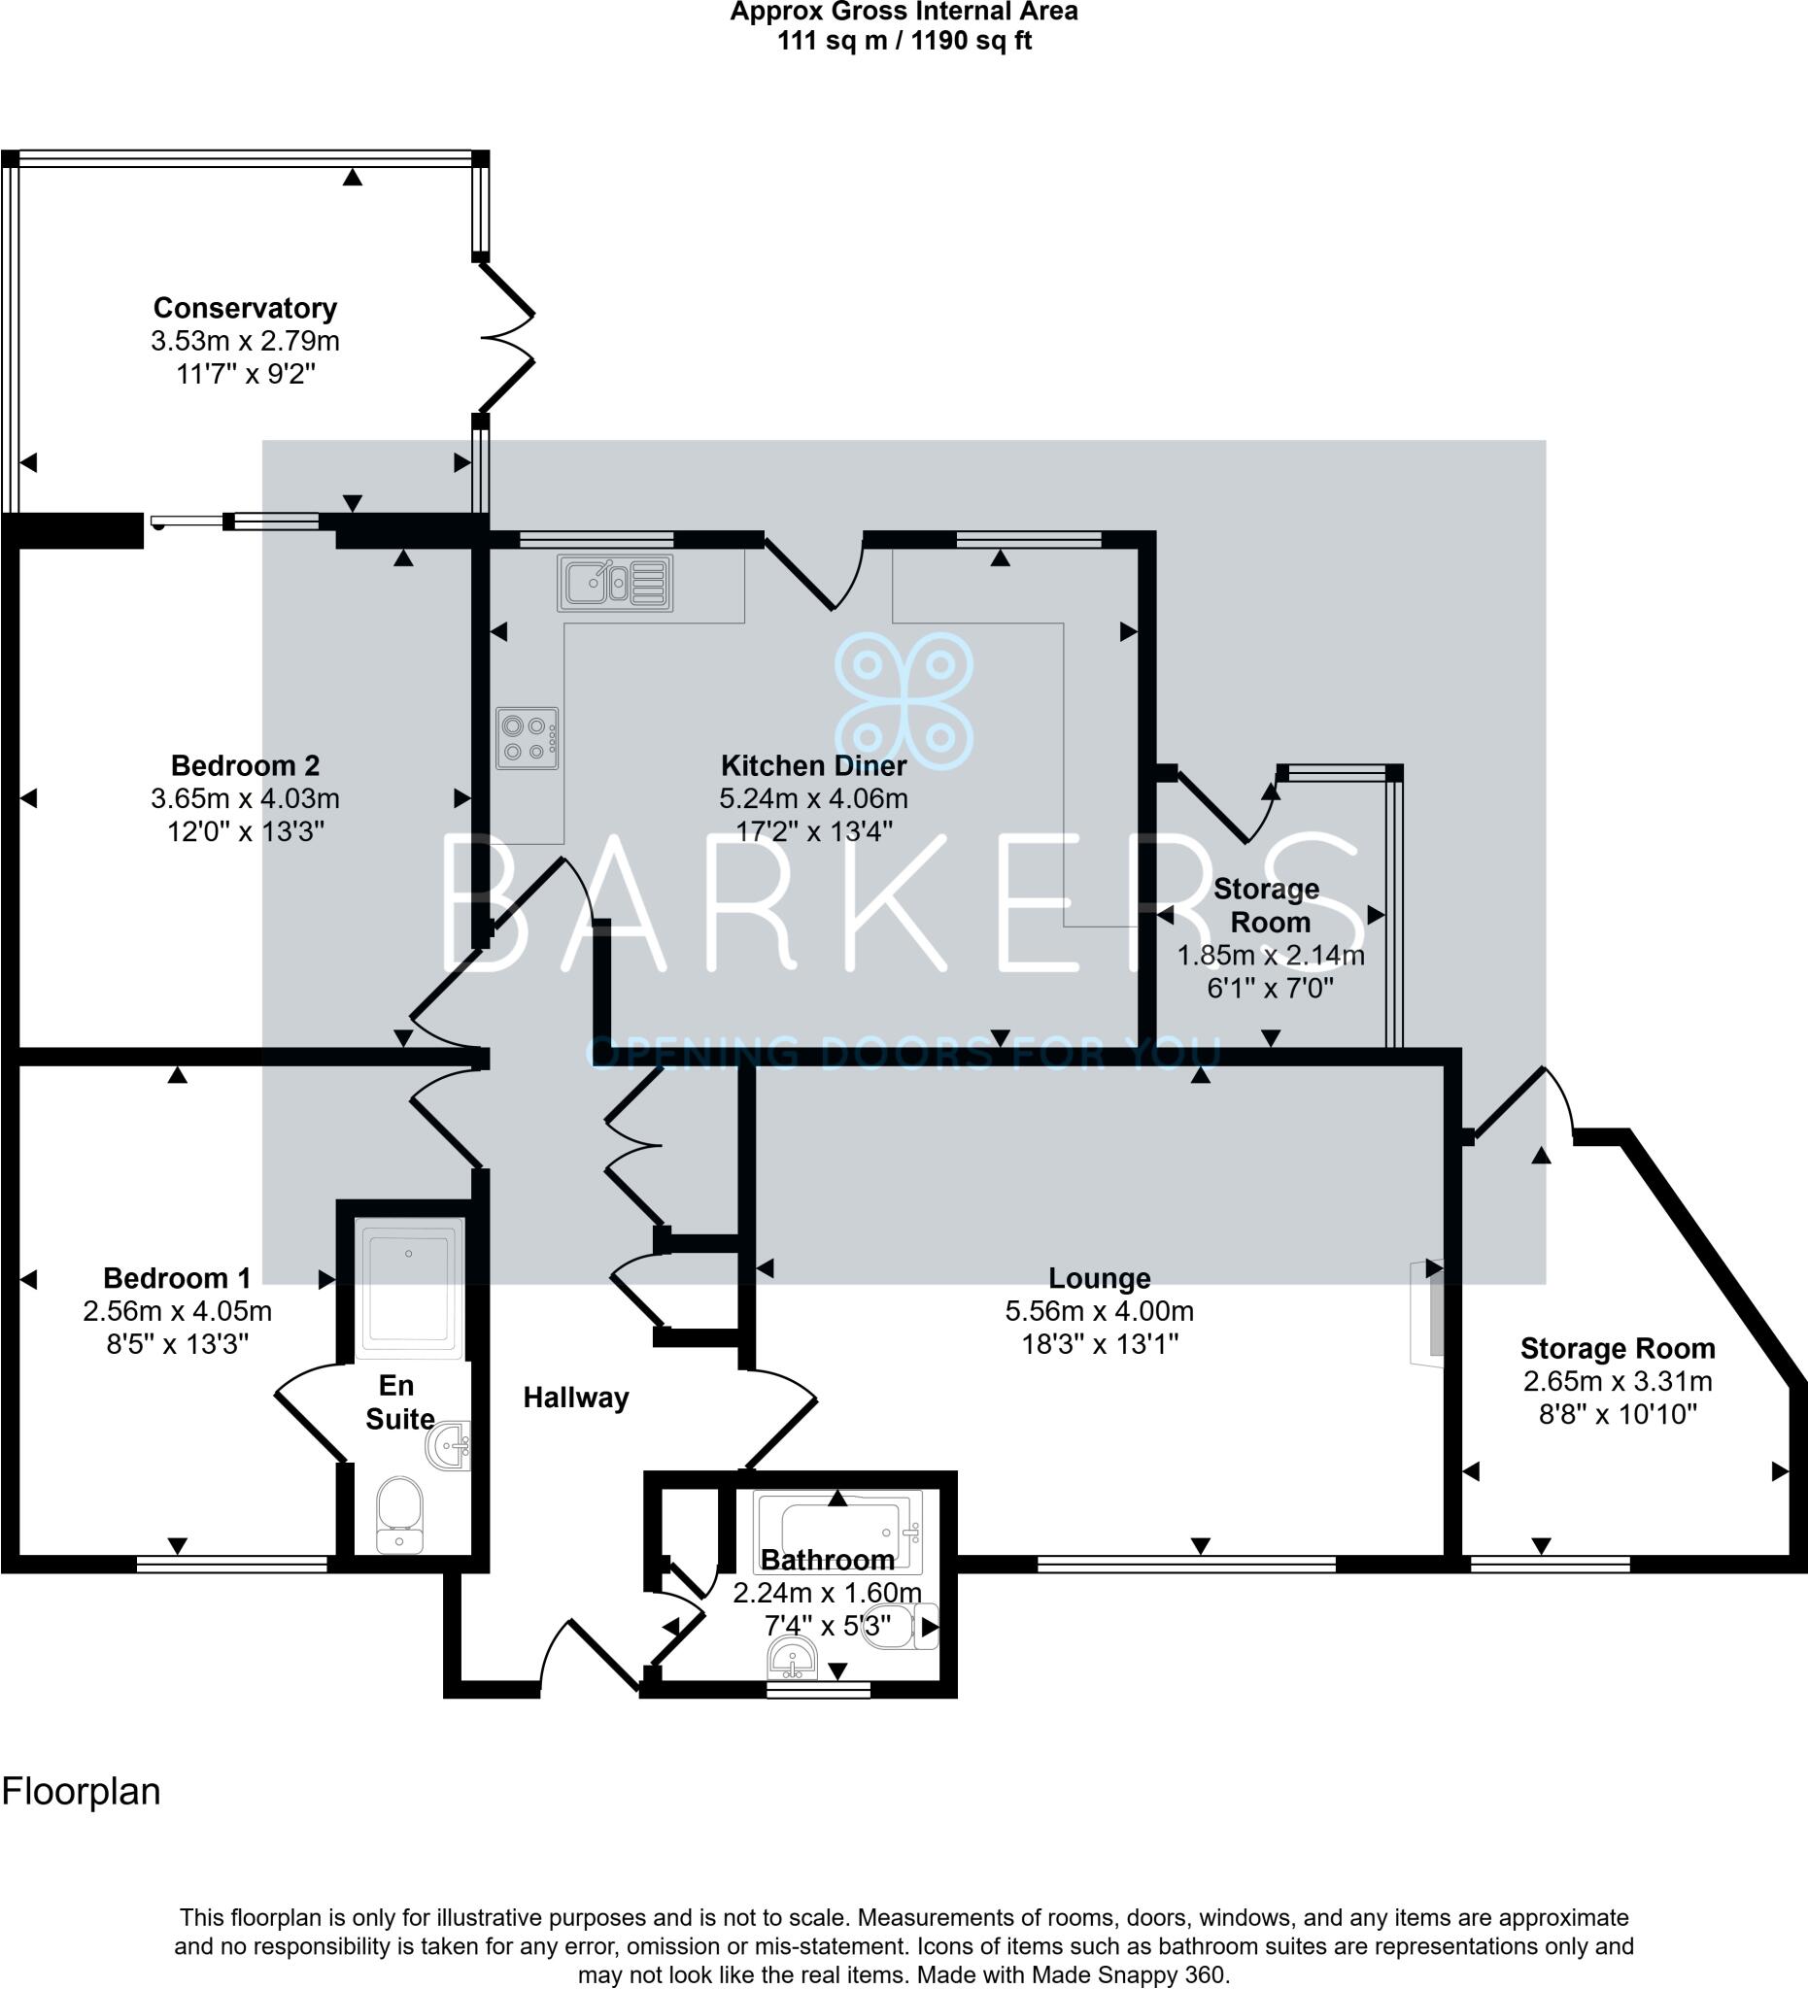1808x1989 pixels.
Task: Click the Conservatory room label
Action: click(245, 309)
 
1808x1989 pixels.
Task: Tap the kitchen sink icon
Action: click(615, 582)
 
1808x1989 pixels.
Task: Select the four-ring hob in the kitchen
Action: click(527, 738)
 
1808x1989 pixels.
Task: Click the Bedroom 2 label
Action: click(245, 765)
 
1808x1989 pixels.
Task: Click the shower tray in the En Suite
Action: click(408, 1287)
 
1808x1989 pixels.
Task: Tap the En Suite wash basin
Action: click(449, 1447)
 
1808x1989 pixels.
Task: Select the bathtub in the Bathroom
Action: click(836, 1530)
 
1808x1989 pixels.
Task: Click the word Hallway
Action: click(575, 1398)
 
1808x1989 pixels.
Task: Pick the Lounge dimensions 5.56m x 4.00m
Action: click(1100, 1312)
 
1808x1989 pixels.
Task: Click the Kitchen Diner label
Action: click(813, 765)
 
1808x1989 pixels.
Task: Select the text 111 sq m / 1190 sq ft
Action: click(904, 42)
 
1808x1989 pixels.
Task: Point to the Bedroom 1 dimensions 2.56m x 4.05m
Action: click(178, 1312)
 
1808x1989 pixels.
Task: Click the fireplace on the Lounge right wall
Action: click(1428, 1313)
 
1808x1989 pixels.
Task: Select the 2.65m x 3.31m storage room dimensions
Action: click(1618, 1381)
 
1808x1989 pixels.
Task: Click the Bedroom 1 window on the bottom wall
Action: click(232, 1563)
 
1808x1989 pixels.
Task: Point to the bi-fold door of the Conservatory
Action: click(507, 338)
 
